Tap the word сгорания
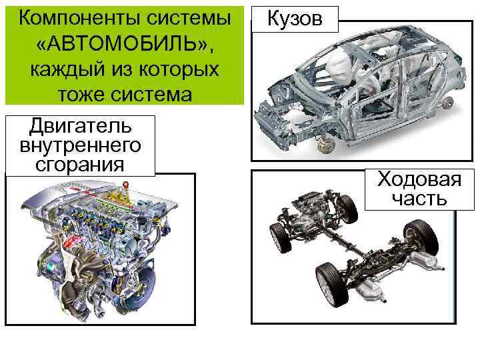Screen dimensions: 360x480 click(79, 163)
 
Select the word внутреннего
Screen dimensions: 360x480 click(79, 145)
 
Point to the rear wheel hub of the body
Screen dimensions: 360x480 click(449, 101)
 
